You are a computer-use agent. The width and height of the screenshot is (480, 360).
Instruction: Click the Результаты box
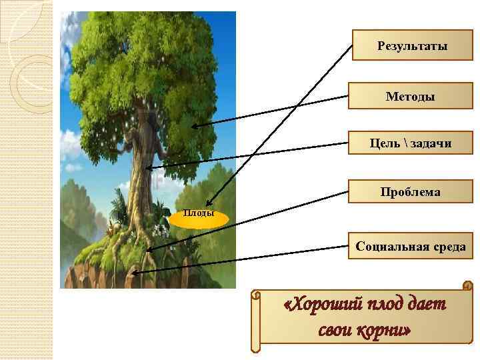click(412, 46)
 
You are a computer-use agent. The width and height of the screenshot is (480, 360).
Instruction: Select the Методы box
click(410, 97)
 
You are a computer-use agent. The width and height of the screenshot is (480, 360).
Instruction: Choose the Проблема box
click(410, 192)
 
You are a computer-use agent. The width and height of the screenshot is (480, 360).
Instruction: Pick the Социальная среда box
click(410, 247)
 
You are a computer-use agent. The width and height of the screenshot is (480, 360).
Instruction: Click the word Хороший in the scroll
click(322, 305)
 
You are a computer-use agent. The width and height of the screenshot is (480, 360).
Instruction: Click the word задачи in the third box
click(427, 143)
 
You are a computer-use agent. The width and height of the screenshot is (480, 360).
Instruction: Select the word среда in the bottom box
click(447, 247)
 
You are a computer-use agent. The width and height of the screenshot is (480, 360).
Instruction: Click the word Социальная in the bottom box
click(389, 247)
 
